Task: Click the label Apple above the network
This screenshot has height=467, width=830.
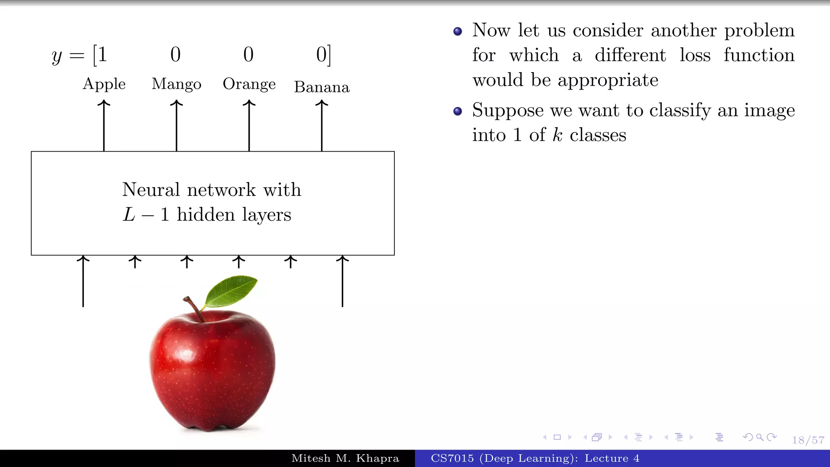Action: coord(104,84)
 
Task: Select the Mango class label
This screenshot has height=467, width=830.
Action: coord(176,84)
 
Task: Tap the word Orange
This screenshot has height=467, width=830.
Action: coord(249,84)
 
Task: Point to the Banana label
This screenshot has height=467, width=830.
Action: coord(322,87)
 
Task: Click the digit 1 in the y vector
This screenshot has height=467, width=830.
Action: coord(102,54)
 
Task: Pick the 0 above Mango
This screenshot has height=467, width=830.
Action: coord(175,54)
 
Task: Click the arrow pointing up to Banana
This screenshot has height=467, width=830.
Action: coord(322,126)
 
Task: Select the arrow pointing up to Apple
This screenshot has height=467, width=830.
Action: coord(104,126)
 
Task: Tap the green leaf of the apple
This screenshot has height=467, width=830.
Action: coord(231,290)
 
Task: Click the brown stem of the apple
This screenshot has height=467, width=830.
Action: coord(194,308)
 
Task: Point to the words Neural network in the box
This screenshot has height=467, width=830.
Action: coord(189,190)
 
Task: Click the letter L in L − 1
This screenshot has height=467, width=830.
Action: coord(129,214)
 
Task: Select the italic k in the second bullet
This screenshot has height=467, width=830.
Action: coord(558,135)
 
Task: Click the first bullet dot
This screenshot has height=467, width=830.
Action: coord(458,31)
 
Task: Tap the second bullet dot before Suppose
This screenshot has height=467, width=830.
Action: coord(458,111)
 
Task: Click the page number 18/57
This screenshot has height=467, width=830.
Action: coord(808,440)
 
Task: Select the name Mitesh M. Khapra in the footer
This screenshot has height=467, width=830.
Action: coord(345,458)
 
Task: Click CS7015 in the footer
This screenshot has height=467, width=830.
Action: coord(452,458)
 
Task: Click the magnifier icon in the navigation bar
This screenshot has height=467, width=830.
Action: coord(760,437)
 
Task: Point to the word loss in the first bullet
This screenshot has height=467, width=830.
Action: coord(695,55)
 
